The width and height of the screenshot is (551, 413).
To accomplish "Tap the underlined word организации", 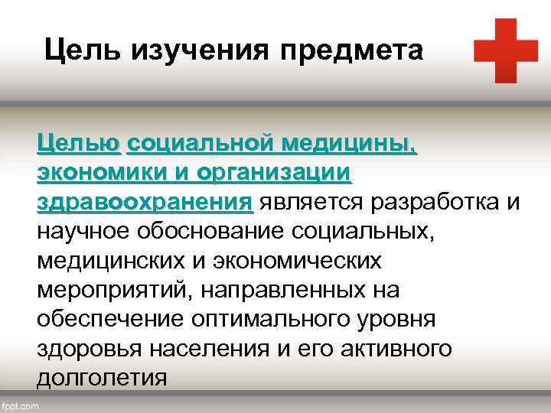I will click(x=275, y=174).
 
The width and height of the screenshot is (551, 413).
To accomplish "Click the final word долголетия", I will click(x=101, y=378).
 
